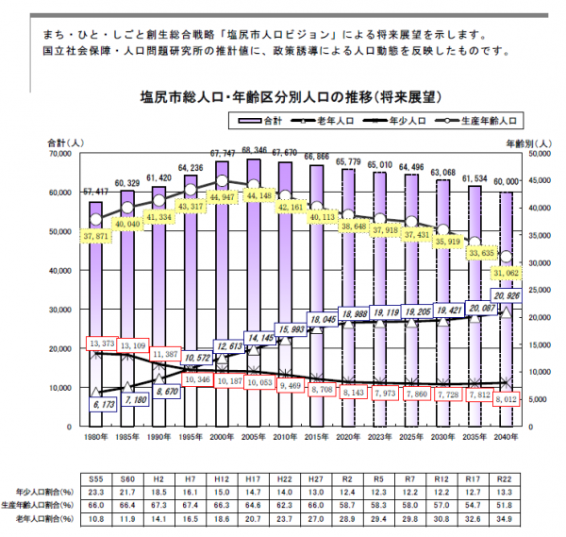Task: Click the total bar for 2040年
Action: point(506,311)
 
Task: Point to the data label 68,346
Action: point(253,150)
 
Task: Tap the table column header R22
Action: point(506,478)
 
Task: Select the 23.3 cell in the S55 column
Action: point(96,491)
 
